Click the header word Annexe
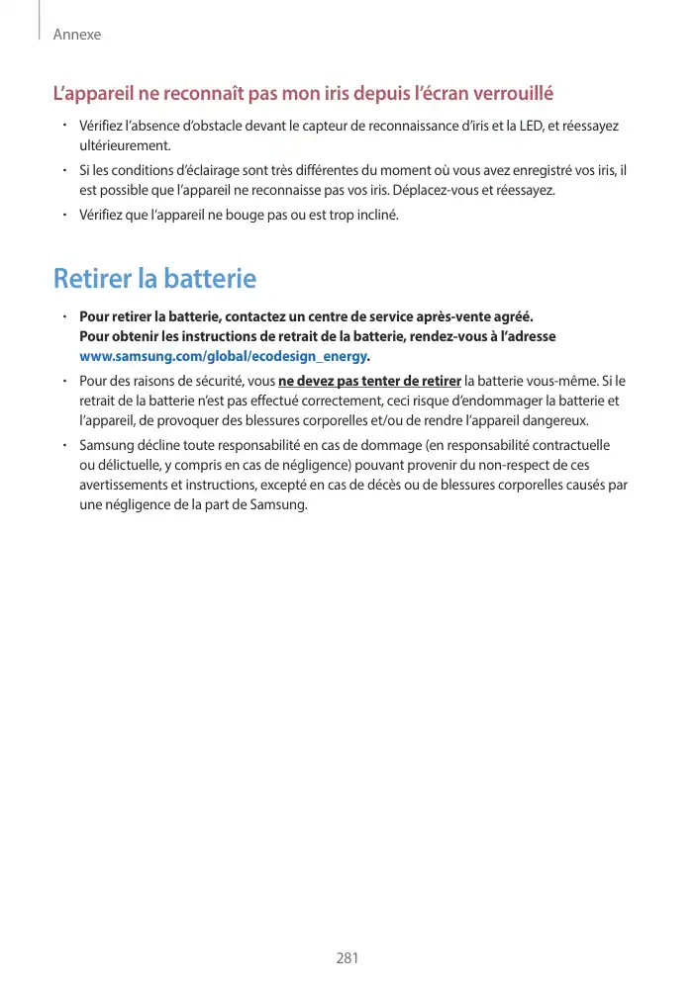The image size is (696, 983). click(x=77, y=35)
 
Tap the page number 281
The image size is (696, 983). click(x=348, y=957)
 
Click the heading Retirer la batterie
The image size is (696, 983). click(x=154, y=279)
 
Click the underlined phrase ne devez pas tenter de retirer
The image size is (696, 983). click(x=370, y=382)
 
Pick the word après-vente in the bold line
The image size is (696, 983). click(x=438, y=317)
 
